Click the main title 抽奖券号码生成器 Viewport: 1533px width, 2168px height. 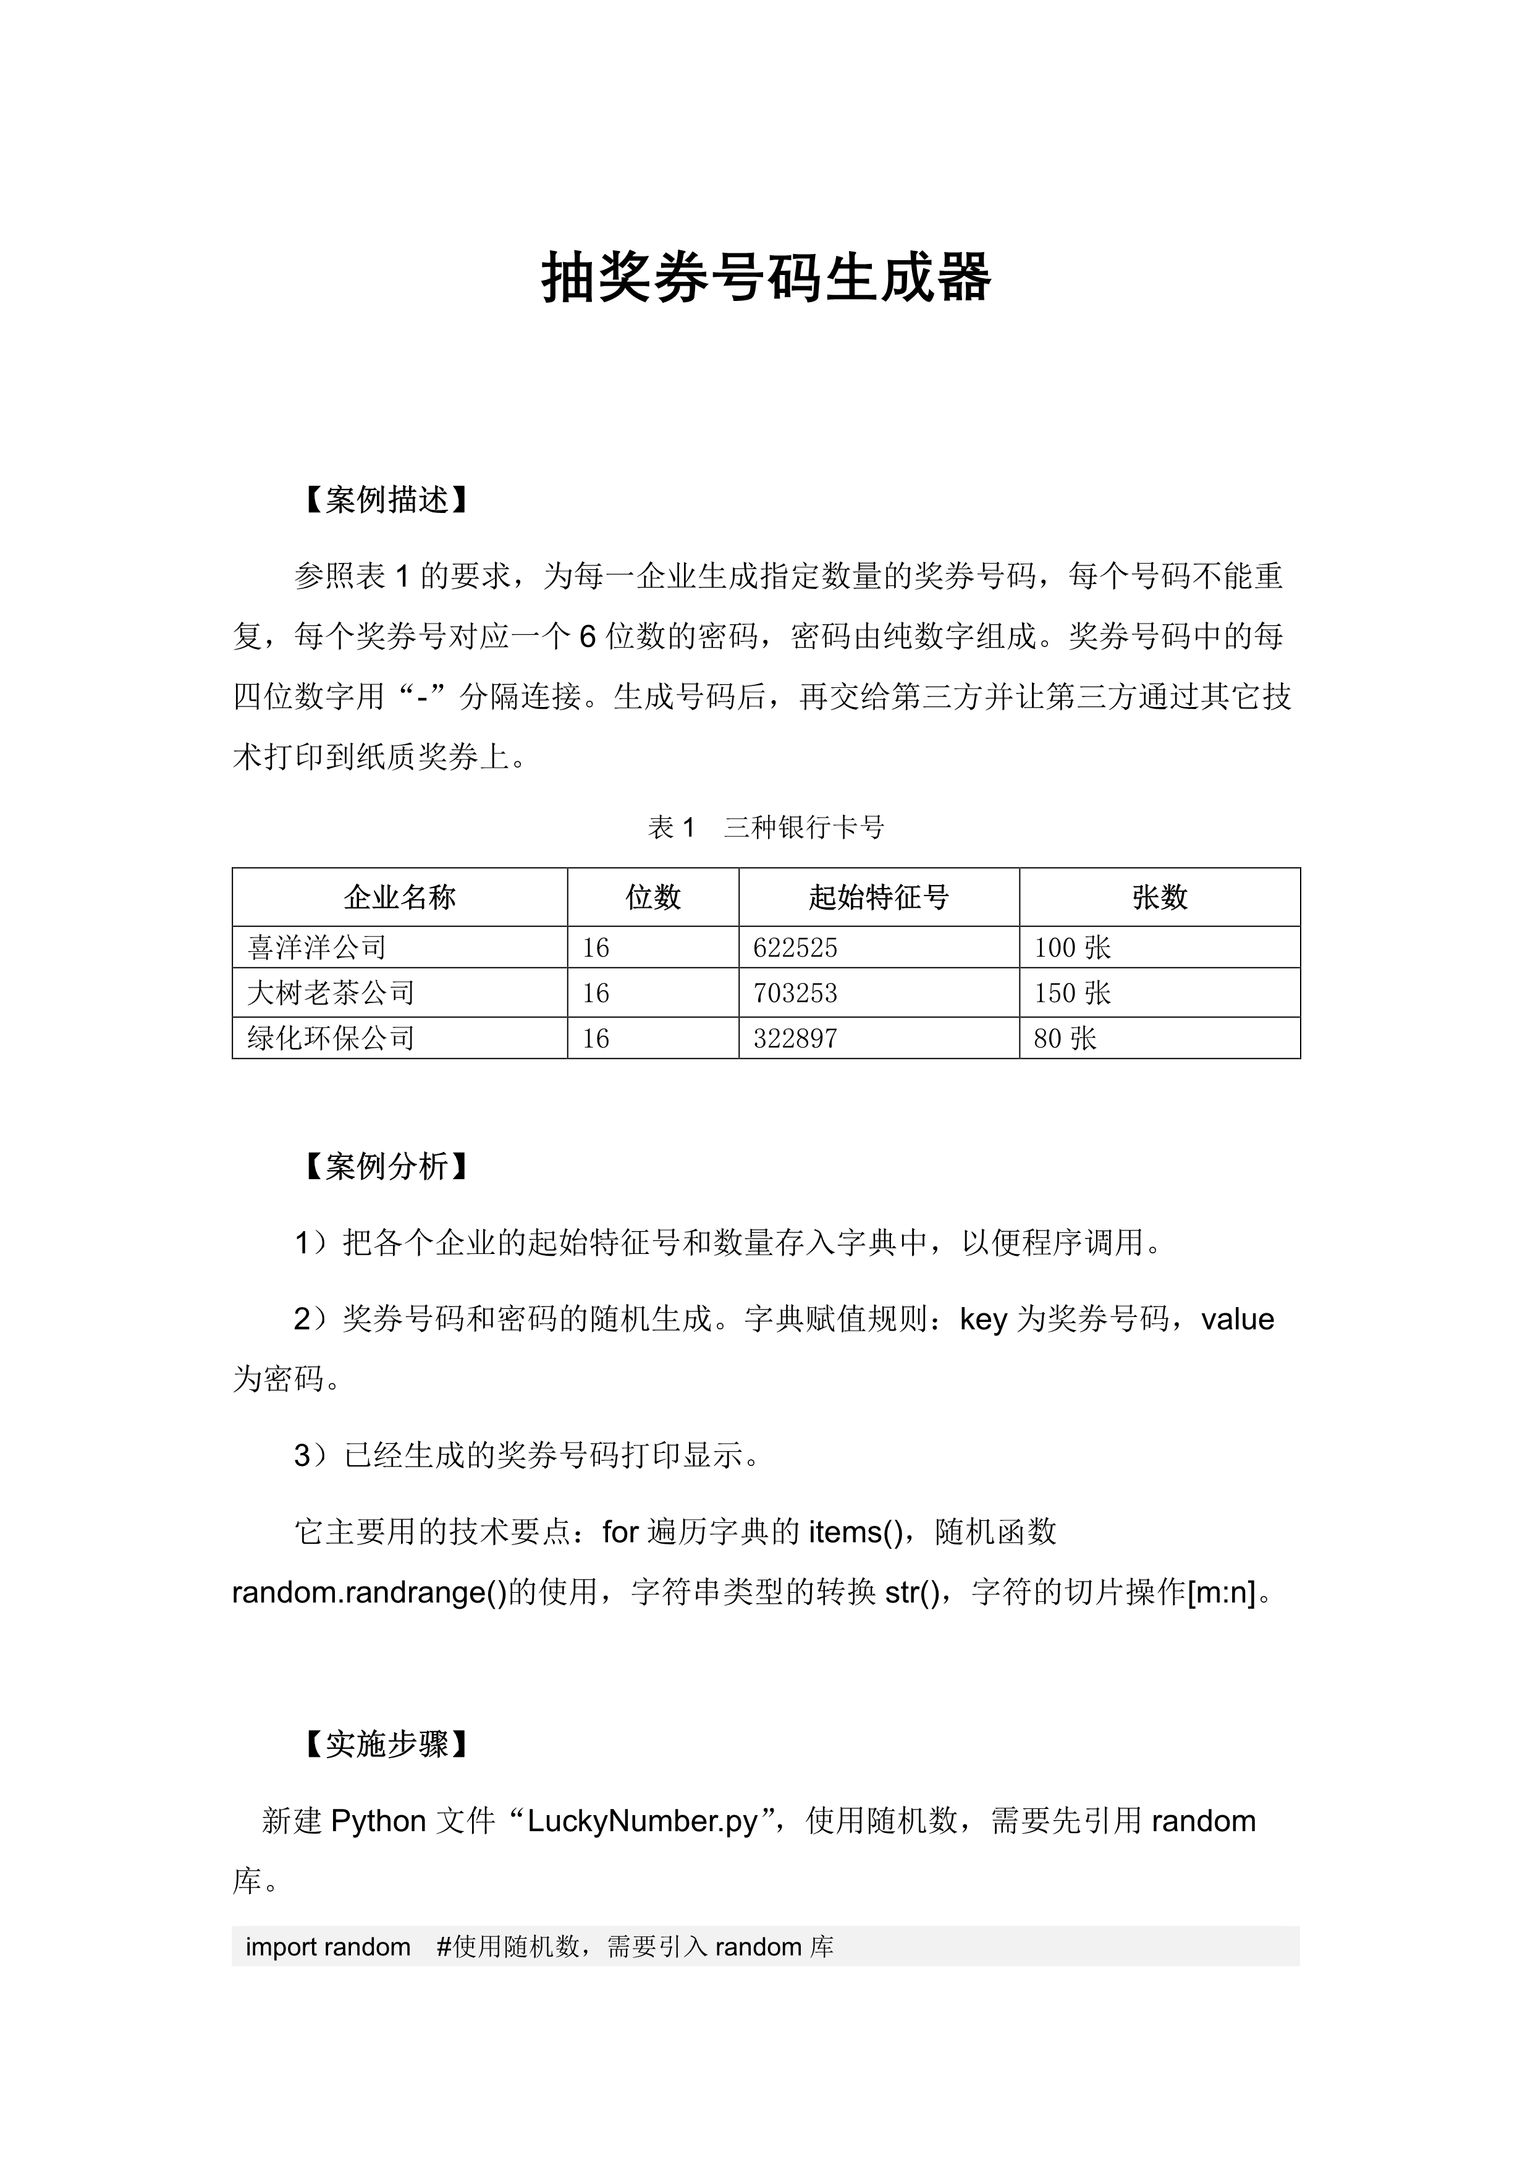[x=766, y=279]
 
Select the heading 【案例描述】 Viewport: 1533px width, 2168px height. [x=386, y=501]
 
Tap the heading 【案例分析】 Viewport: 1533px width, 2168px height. [x=386, y=1167]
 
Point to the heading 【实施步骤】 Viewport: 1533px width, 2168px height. [x=386, y=1744]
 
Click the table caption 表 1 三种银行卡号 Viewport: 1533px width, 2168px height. [x=766, y=828]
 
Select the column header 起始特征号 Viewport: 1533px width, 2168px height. [x=878, y=897]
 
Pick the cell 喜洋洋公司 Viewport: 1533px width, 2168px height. [x=316, y=947]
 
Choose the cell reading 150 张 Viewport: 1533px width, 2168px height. [x=1072, y=993]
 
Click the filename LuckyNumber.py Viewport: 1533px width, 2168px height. [x=643, y=1821]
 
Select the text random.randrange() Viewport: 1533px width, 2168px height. [x=369, y=1593]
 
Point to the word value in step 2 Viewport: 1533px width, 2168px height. [x=1238, y=1319]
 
